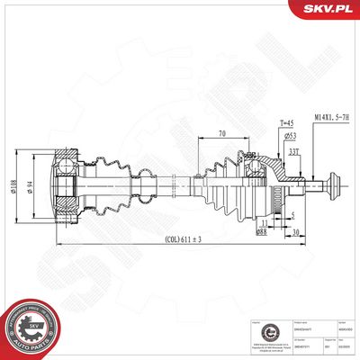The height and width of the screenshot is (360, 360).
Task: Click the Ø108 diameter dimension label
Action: pos(39,186)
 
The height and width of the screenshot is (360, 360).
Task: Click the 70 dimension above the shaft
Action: pos(221,134)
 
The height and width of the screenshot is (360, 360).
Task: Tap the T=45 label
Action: pos(261,124)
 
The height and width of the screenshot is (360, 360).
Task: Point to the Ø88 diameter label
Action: pos(261,232)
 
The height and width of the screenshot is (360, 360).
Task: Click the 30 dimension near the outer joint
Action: pos(295,232)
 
